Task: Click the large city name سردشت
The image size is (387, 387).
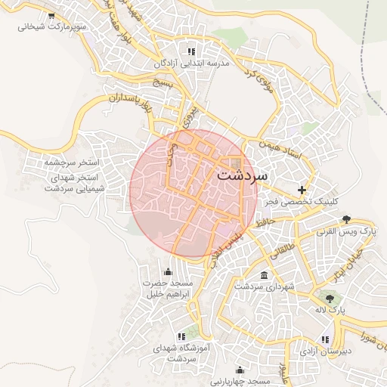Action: click(242, 173)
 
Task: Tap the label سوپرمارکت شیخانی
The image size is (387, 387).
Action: click(51, 26)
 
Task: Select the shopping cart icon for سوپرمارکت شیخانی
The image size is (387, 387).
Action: click(51, 15)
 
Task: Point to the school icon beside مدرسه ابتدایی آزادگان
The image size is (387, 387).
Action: click(191, 51)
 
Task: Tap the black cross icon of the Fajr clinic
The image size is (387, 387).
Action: click(303, 190)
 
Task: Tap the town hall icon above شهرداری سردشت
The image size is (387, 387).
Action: click(262, 275)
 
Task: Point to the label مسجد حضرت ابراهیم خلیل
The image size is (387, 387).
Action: click(168, 288)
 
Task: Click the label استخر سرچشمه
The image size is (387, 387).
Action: click(51, 162)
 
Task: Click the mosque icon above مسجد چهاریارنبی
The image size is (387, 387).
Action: click(240, 370)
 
